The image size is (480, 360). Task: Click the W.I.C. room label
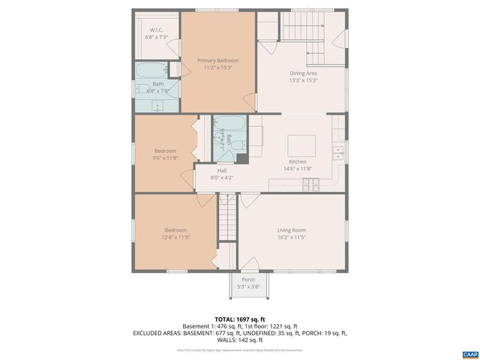coord(156,31)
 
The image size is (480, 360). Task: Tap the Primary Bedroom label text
coord(217,60)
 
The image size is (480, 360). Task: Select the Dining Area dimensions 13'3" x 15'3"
coord(303,80)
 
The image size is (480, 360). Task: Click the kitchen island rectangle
coord(301,142)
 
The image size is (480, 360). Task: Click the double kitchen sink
coord(338,154)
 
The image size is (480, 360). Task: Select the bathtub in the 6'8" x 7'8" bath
coord(152,71)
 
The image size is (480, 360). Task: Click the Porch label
coord(247,280)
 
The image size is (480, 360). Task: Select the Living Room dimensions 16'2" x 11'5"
coord(291,237)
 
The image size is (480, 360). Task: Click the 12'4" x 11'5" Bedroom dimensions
coord(176,237)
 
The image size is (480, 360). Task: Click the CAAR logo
coord(469,353)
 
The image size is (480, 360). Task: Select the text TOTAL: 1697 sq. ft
coord(240,319)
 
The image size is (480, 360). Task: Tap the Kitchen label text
coord(298,162)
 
